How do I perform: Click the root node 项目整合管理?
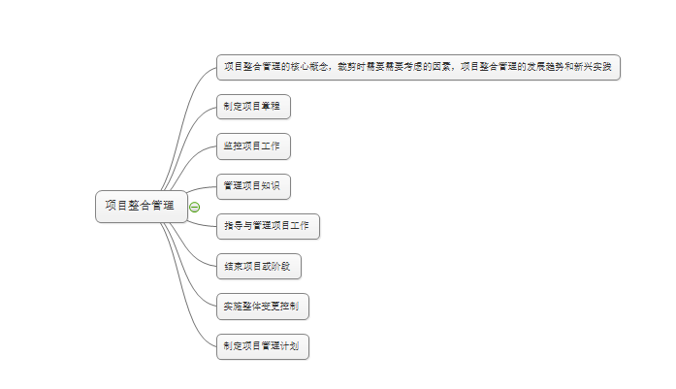(141, 206)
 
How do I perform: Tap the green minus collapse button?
(194, 207)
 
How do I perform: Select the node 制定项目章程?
(252, 106)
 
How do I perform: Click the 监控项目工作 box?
(252, 146)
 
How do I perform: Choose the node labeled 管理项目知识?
(252, 185)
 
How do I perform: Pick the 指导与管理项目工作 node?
(267, 226)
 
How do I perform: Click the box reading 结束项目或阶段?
(256, 266)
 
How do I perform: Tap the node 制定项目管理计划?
(262, 346)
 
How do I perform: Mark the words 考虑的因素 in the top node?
(427, 67)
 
